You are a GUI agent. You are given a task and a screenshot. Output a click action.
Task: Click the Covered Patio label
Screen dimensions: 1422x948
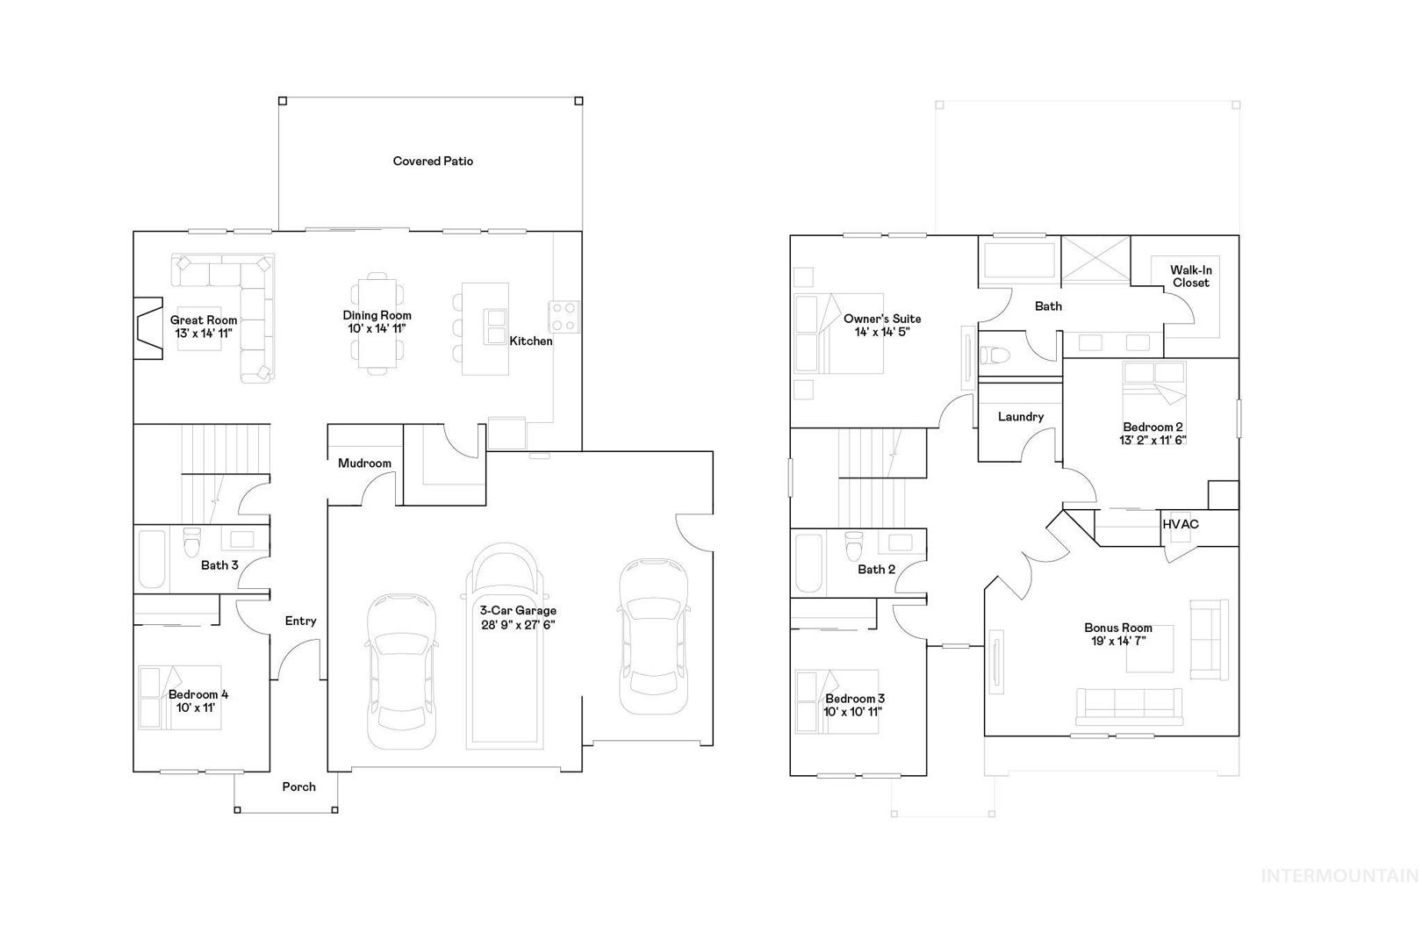[433, 162]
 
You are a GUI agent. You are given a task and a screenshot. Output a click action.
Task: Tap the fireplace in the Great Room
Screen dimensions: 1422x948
[148, 329]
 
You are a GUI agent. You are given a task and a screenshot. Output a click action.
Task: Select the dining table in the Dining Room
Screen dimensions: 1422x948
[377, 323]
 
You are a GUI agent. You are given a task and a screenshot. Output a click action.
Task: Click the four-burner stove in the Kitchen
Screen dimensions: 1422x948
[564, 316]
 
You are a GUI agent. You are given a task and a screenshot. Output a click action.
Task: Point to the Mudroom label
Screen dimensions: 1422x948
[364, 463]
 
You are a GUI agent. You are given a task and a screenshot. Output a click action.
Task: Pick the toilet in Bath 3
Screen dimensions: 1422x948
[191, 542]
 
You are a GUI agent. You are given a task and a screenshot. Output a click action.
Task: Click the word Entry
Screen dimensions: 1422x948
[300, 621]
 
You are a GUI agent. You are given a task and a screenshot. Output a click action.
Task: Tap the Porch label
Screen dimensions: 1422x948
[299, 786]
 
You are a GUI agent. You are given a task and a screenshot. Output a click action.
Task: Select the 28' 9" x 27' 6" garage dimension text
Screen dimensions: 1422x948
[518, 624]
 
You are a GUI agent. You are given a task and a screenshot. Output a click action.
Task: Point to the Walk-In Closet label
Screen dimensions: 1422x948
[1191, 276]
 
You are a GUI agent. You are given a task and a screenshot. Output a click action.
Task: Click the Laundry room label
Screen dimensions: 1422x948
[1021, 417]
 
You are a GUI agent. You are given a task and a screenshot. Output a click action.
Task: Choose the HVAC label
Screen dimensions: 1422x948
[1181, 525]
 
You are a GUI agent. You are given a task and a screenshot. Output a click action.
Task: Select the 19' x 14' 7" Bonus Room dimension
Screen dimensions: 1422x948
[1118, 642]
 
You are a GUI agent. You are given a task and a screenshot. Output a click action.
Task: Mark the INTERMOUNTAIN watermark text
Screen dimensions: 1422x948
[1339, 876]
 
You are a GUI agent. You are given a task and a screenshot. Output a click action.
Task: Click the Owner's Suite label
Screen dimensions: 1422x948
[882, 319]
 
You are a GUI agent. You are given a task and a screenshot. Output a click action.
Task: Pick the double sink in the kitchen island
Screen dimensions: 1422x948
[495, 327]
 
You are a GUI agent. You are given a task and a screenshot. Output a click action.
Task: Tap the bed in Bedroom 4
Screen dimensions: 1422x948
[180, 697]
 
